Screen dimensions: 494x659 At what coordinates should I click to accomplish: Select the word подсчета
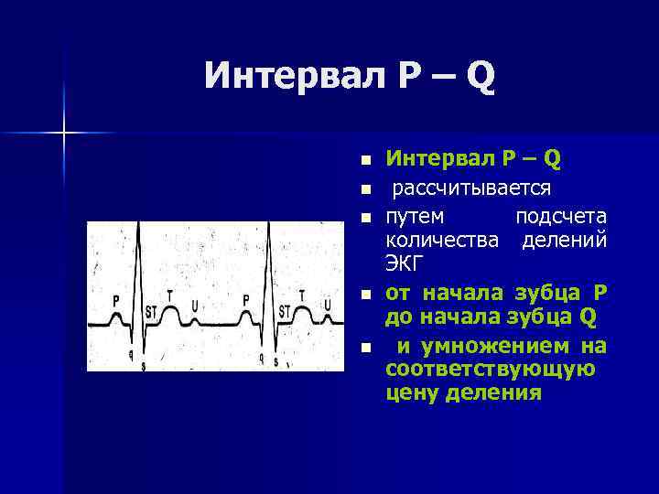(561, 217)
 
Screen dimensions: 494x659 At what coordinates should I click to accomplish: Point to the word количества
(443, 241)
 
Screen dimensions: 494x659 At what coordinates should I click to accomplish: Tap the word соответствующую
(491, 370)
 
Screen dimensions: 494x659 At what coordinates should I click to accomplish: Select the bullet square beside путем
(365, 218)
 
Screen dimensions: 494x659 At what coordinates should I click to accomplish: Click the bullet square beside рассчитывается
(365, 189)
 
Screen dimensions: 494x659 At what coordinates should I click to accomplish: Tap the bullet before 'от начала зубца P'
(365, 295)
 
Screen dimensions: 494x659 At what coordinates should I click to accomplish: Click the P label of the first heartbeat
(115, 299)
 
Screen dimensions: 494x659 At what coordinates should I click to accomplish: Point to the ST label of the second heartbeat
(284, 310)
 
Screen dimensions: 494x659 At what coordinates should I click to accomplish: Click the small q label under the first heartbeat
(132, 353)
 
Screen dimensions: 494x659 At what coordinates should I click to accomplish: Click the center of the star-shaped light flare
(64, 134)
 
